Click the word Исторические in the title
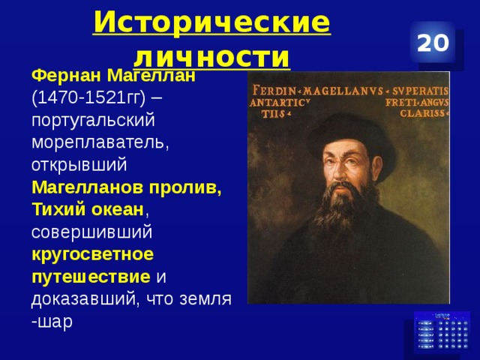pos(212,23)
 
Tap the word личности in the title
pos(212,56)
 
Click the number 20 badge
pos(433,43)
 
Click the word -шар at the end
pos(52,320)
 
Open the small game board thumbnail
pos(441,331)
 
